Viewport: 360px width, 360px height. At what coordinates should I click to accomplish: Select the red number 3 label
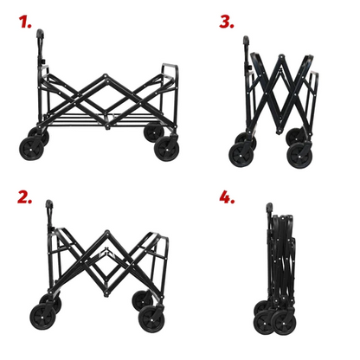(x=226, y=21)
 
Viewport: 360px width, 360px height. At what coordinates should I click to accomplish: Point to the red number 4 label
(x=228, y=198)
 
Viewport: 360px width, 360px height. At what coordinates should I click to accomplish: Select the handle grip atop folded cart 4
(x=270, y=209)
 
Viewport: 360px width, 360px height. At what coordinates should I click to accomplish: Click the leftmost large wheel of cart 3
(x=240, y=154)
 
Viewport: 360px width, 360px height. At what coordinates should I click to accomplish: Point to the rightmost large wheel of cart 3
(x=300, y=154)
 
